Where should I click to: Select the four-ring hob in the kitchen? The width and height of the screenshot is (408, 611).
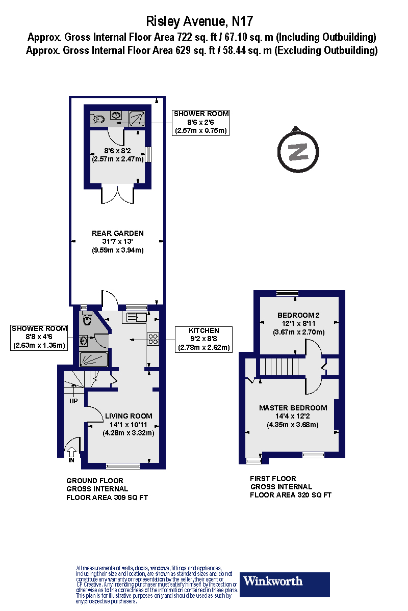click(153, 339)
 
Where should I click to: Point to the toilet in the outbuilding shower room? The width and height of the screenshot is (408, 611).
click(98, 119)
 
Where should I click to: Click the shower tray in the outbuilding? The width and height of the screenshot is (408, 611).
click(137, 118)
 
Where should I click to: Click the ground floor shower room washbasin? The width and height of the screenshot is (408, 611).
click(84, 340)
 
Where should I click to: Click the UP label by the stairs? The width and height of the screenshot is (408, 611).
click(73, 401)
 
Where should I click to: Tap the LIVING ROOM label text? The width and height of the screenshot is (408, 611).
click(129, 416)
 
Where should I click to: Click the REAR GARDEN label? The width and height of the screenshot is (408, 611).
click(118, 233)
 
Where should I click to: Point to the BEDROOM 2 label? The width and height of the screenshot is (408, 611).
click(298, 314)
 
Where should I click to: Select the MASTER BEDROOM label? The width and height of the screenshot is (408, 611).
click(293, 408)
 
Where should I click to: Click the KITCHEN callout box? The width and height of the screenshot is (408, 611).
click(204, 339)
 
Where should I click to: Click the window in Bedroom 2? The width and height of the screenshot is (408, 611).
click(287, 293)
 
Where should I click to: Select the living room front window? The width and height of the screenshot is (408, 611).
click(122, 465)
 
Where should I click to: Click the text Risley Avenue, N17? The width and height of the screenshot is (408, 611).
click(199, 21)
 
